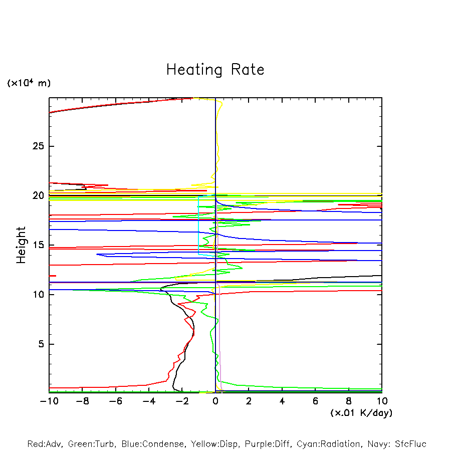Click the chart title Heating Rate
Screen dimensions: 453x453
[215, 70]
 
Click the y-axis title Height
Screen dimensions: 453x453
[21, 245]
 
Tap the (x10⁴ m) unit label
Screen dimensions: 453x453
[29, 83]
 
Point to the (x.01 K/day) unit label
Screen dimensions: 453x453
[361, 412]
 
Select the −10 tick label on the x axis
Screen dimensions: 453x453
[49, 401]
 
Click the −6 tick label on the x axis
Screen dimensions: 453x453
[115, 401]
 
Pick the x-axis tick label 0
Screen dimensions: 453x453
[215, 401]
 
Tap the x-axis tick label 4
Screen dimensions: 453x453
[282, 401]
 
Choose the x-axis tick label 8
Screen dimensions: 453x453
[349, 401]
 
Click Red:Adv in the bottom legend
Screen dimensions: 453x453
[44, 444]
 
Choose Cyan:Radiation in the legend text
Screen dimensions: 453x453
[329, 444]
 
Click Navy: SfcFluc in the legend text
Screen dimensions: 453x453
[396, 444]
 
